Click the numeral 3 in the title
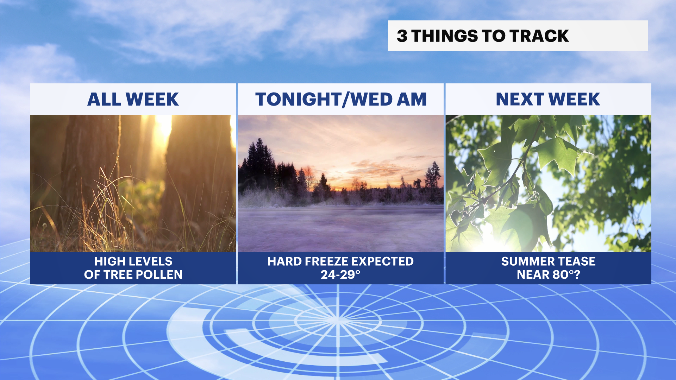pyautogui.click(x=402, y=36)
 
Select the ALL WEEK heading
pyautogui.click(x=133, y=99)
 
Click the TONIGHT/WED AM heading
pyautogui.click(x=341, y=99)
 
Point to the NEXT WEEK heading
pyautogui.click(x=548, y=99)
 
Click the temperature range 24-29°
pyautogui.click(x=340, y=274)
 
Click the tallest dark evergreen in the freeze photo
pyautogui.click(x=260, y=162)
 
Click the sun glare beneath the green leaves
pyautogui.click(x=493, y=239)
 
